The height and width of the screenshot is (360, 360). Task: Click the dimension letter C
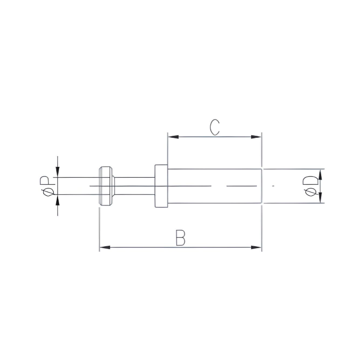(215, 127)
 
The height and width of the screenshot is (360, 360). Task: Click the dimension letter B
(180, 238)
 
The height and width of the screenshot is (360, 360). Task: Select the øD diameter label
(311, 186)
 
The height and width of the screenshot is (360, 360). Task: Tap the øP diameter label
(46, 186)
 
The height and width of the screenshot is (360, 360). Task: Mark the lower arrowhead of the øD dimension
(321, 198)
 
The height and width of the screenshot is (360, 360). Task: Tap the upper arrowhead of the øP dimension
(57, 173)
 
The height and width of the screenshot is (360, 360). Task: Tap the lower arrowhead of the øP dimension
(57, 199)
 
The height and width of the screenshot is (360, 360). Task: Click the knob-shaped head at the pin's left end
(106, 186)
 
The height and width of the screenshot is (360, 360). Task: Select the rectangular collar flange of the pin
(161, 186)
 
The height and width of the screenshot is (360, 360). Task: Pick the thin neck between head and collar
(134, 186)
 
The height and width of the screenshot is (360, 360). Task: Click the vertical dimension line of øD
(321, 186)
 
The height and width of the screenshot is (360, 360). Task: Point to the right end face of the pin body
(262, 186)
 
